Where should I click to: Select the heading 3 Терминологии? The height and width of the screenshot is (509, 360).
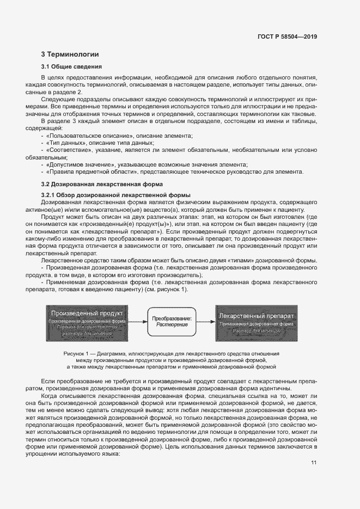click(70, 54)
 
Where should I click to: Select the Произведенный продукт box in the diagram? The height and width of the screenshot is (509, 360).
click(87, 321)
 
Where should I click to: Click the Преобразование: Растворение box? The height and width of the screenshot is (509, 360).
click(172, 321)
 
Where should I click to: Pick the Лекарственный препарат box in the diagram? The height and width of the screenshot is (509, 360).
click(257, 321)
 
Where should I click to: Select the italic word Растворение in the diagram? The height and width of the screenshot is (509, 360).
click(172, 324)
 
